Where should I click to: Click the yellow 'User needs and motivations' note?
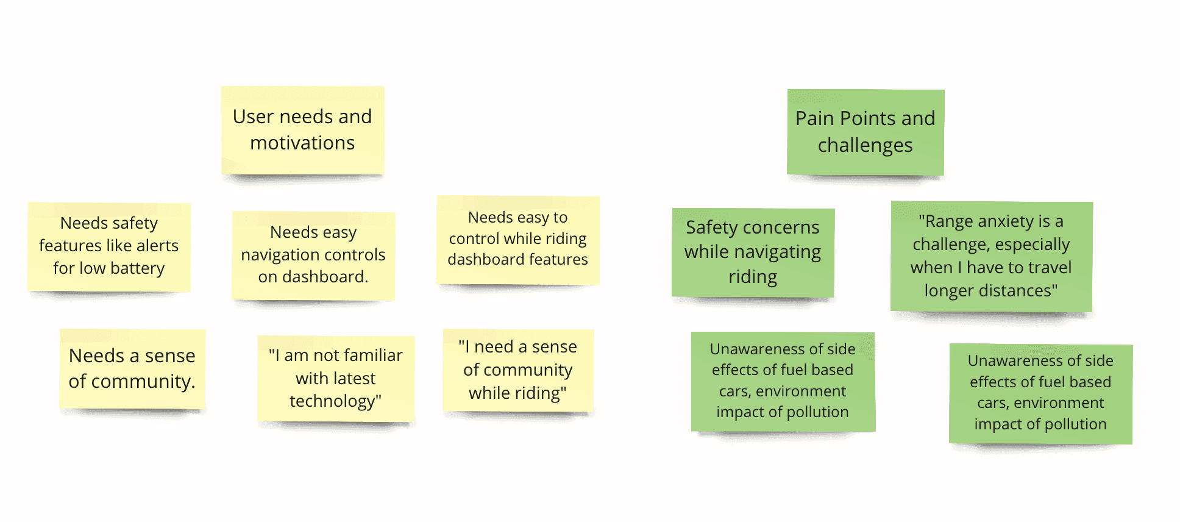click(302, 130)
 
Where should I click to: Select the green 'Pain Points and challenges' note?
click(865, 132)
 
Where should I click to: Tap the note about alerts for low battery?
click(109, 246)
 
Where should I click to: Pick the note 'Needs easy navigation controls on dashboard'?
click(313, 255)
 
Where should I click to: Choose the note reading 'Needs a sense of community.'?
click(132, 368)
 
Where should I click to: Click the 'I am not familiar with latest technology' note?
click(336, 378)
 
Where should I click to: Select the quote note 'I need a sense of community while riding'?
click(518, 370)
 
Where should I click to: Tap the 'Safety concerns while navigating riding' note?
click(753, 252)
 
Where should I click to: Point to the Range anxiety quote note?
click(991, 256)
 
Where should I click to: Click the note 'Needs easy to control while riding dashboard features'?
click(518, 239)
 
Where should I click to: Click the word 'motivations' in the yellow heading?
click(302, 143)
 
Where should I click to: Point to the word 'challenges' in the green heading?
click(865, 146)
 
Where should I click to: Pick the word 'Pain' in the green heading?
click(814, 118)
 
